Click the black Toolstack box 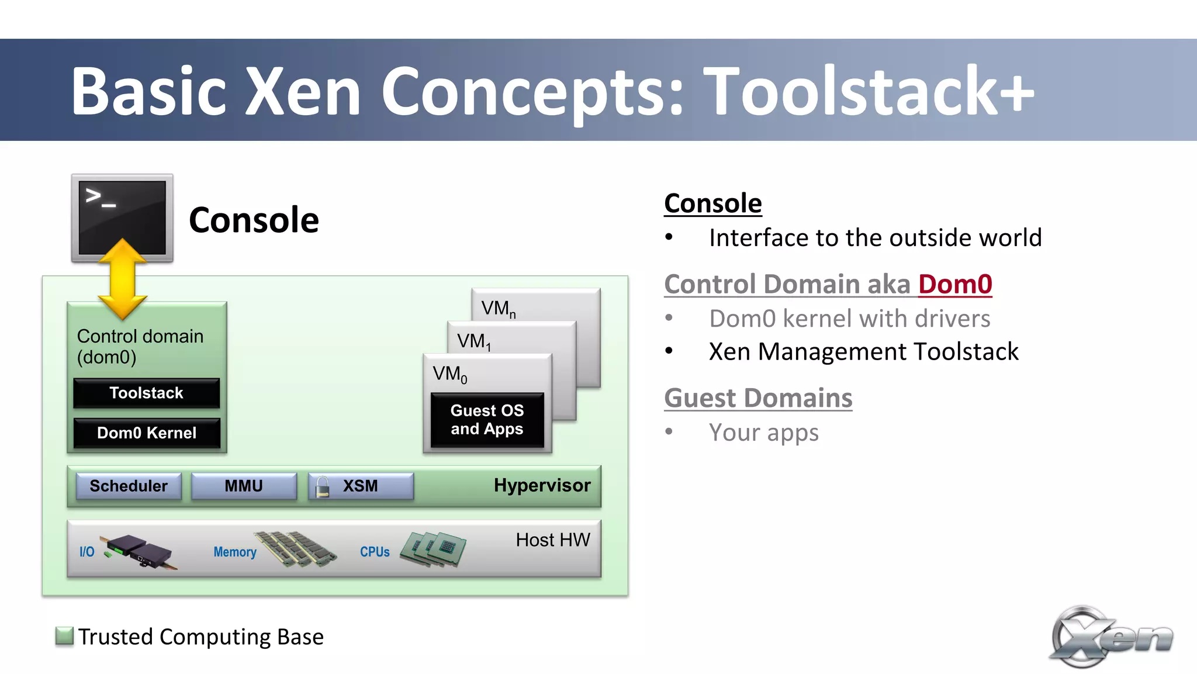point(146,393)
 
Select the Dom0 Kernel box point(146,433)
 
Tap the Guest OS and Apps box point(487,420)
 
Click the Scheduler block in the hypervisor point(129,486)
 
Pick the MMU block point(244,486)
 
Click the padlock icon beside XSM point(322,486)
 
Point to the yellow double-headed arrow point(123,279)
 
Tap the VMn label point(498,309)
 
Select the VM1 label point(473,341)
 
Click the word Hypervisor point(542,485)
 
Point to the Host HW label point(552,540)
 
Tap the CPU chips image point(433,548)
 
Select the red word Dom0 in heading point(955,284)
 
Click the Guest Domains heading point(758,398)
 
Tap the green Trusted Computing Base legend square point(64,635)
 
